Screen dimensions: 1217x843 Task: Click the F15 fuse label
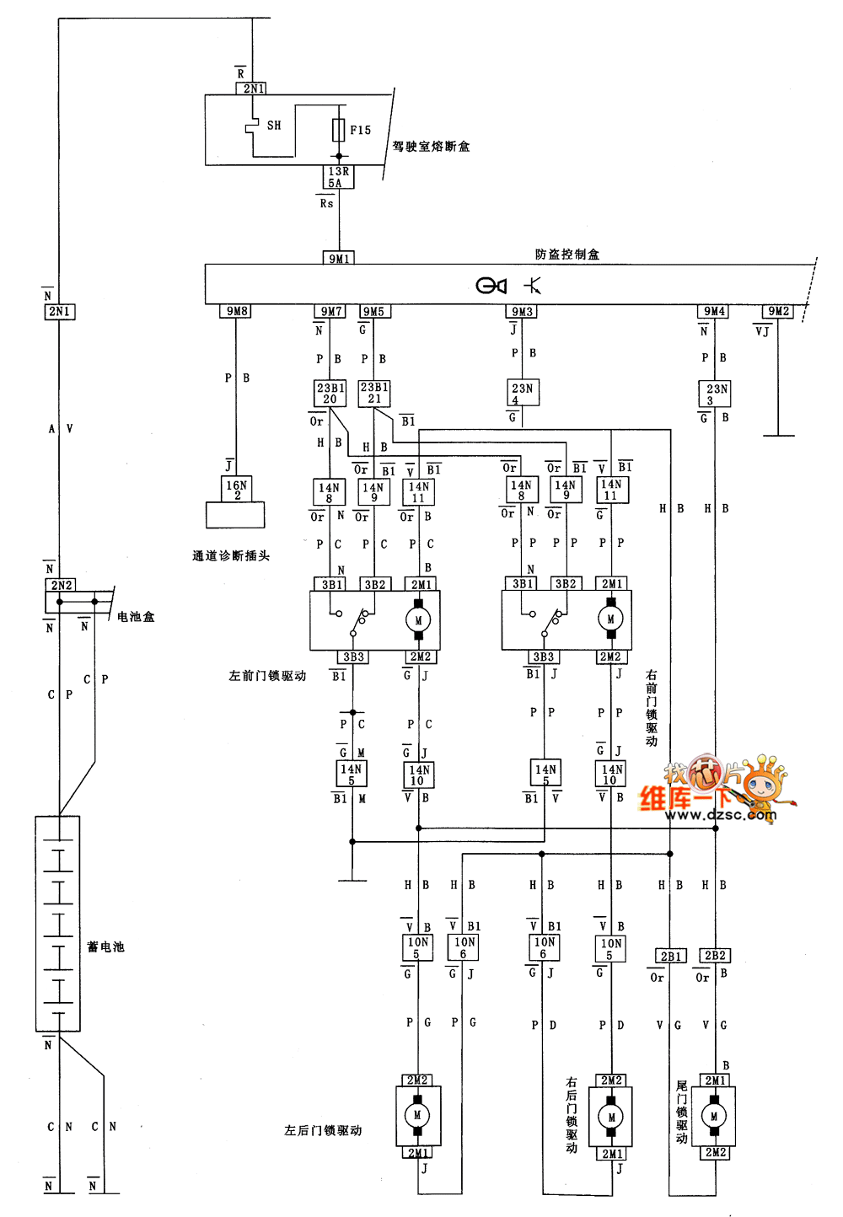click(360, 131)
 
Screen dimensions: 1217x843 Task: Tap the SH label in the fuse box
click(274, 126)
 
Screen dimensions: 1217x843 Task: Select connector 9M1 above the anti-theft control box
click(339, 259)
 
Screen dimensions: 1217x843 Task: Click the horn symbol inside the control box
click(491, 286)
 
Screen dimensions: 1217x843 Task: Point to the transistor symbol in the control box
click(533, 286)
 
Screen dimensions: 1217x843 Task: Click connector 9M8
click(237, 311)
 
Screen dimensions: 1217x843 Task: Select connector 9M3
click(523, 312)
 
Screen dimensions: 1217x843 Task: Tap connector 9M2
click(778, 312)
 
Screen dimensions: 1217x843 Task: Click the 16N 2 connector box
click(237, 490)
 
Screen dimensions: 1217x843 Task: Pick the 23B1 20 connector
click(330, 394)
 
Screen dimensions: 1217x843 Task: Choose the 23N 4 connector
click(523, 393)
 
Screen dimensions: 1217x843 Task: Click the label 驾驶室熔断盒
click(431, 147)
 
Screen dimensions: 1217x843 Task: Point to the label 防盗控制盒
click(566, 255)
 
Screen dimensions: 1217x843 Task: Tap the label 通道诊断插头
click(230, 556)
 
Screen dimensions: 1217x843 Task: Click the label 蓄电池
click(105, 947)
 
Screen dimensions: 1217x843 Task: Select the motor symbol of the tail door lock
click(714, 1117)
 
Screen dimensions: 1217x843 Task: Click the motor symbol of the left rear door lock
click(417, 1116)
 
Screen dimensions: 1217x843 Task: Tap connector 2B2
click(715, 956)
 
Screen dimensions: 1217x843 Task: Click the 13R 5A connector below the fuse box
click(339, 177)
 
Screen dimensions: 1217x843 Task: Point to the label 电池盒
click(136, 617)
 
